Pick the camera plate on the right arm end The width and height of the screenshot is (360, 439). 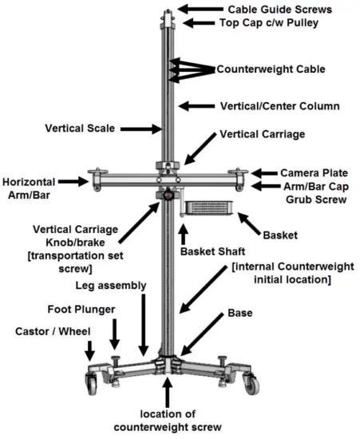(x=237, y=170)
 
